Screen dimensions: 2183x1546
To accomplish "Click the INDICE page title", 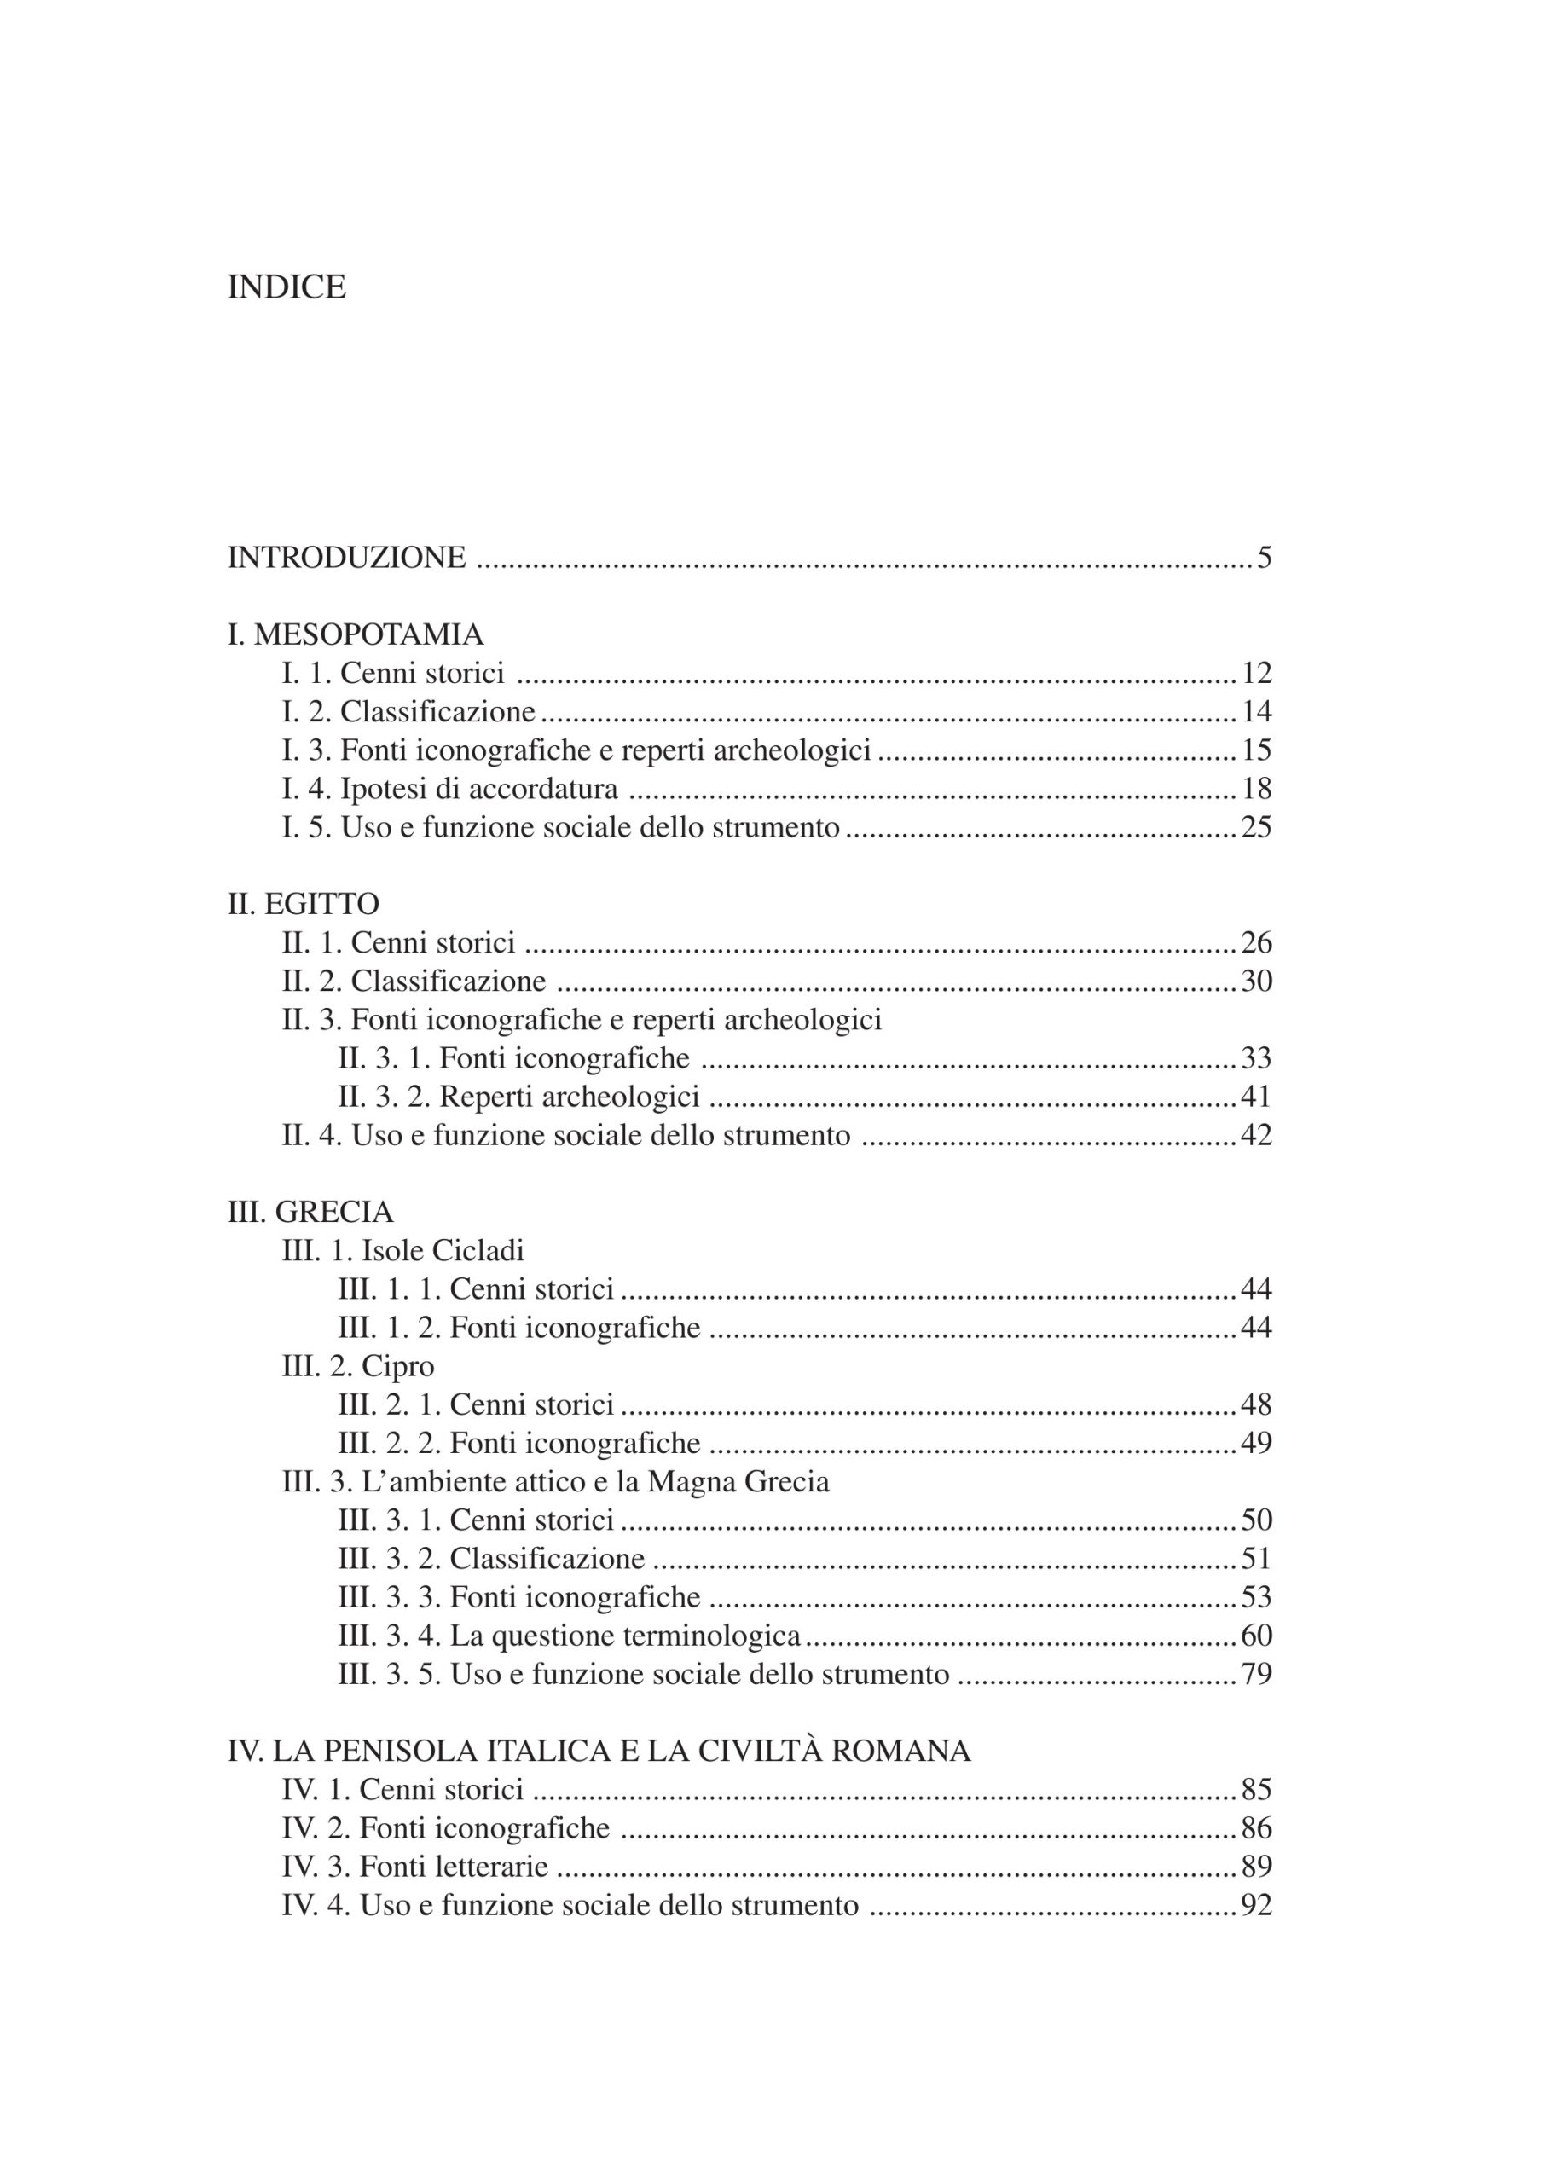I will pos(286,287).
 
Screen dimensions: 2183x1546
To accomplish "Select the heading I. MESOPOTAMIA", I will pos(355,634).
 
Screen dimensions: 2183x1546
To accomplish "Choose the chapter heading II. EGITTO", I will pos(303,904).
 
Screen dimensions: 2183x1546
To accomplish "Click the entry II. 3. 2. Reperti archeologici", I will pos(518,1097).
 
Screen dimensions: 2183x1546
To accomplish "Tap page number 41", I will pos(1256,1097).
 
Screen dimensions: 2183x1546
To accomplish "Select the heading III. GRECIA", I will pos(310,1212).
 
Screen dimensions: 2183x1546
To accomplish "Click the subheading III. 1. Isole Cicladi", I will pos(402,1250).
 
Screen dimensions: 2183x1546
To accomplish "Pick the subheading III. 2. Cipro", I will pos(358,1366).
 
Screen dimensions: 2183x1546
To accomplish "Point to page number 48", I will pos(1256,1404).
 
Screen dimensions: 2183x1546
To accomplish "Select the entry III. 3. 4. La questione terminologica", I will pos(570,1636).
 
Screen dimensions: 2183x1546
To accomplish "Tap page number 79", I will pos(1256,1674).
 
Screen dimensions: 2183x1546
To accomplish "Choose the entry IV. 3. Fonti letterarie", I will pos(415,1866).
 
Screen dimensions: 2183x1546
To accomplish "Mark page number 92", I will pos(1256,1905).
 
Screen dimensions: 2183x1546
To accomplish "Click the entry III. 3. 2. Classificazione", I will pos(491,1559).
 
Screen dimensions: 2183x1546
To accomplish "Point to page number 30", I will pos(1256,981).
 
